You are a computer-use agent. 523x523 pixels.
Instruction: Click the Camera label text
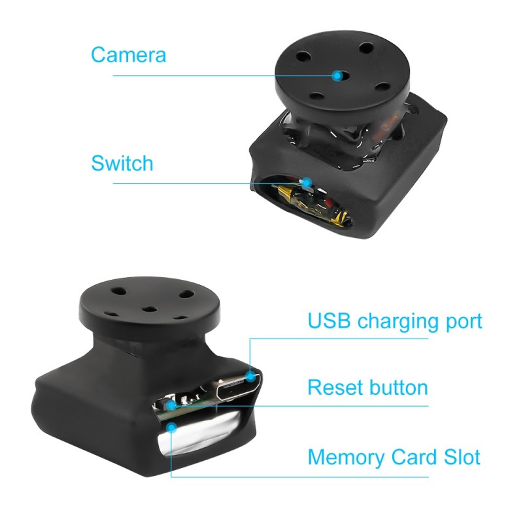tap(128, 55)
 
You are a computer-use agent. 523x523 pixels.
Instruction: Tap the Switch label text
tap(122, 163)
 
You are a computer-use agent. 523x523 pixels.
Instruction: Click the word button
tap(398, 387)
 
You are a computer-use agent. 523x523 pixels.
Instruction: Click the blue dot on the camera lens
tap(337, 75)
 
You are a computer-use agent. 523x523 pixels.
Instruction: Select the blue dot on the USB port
tap(250, 376)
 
